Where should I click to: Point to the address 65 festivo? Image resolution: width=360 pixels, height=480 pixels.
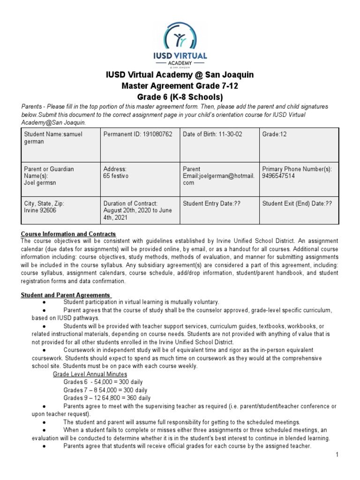tap(116, 176)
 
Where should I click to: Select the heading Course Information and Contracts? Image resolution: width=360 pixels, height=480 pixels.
tap(68, 234)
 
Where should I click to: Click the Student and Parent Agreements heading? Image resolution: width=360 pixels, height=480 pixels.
tap(66, 295)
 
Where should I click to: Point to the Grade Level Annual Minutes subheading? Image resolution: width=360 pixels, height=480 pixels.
tap(90, 374)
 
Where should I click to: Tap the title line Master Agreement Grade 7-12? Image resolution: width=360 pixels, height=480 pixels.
tap(180, 86)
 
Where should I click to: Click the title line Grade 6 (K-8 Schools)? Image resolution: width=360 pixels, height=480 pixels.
tap(180, 97)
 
